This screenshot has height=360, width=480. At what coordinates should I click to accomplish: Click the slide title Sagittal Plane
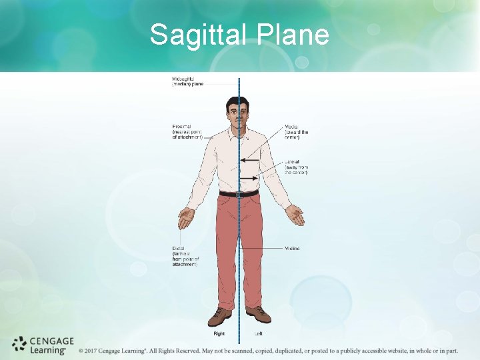pos(239,35)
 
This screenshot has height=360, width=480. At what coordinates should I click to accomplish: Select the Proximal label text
pos(187,131)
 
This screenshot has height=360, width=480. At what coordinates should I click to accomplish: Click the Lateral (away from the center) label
pos(297,167)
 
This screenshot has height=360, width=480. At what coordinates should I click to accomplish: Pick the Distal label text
pos(185,257)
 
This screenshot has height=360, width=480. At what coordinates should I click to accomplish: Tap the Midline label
pos(292,249)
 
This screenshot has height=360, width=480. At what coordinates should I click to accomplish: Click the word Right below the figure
pos(219,333)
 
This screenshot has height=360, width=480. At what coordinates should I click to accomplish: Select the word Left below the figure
pos(259,333)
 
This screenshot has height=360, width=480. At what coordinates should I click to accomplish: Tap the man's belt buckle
pos(238,194)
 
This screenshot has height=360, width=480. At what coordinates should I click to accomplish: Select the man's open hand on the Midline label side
pos(294,215)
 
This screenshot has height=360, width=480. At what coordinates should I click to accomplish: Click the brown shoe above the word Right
pos(219,316)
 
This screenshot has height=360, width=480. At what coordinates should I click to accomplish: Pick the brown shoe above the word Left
pos(259,315)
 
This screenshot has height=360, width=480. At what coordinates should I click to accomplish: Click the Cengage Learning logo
pos(38,345)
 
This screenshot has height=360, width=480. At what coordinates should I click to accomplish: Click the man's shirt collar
pos(239,129)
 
